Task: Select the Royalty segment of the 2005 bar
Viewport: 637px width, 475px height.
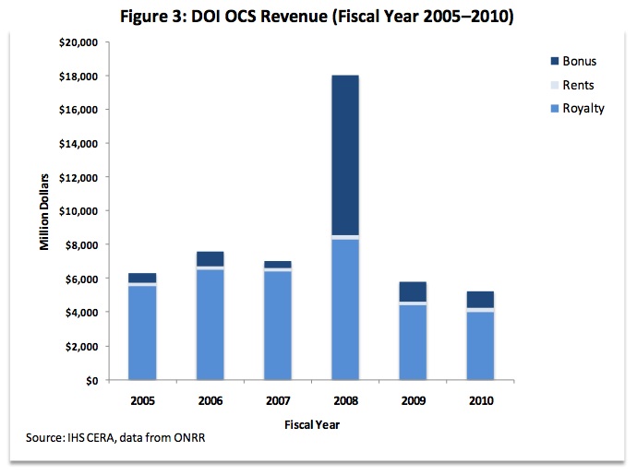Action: pos(141,333)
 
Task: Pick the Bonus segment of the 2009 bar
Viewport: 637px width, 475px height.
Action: pos(413,291)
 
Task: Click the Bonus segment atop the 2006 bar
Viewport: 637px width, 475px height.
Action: pos(210,259)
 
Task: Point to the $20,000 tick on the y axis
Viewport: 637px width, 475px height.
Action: pos(77,42)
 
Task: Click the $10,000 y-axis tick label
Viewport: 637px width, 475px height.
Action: pos(77,211)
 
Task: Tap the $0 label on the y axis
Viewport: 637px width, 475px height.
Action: pos(90,380)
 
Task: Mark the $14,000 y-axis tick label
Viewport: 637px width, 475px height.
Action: pos(77,144)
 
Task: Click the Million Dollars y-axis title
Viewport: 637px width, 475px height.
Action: pos(43,210)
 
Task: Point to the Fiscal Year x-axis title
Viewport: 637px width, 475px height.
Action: pos(311,424)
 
